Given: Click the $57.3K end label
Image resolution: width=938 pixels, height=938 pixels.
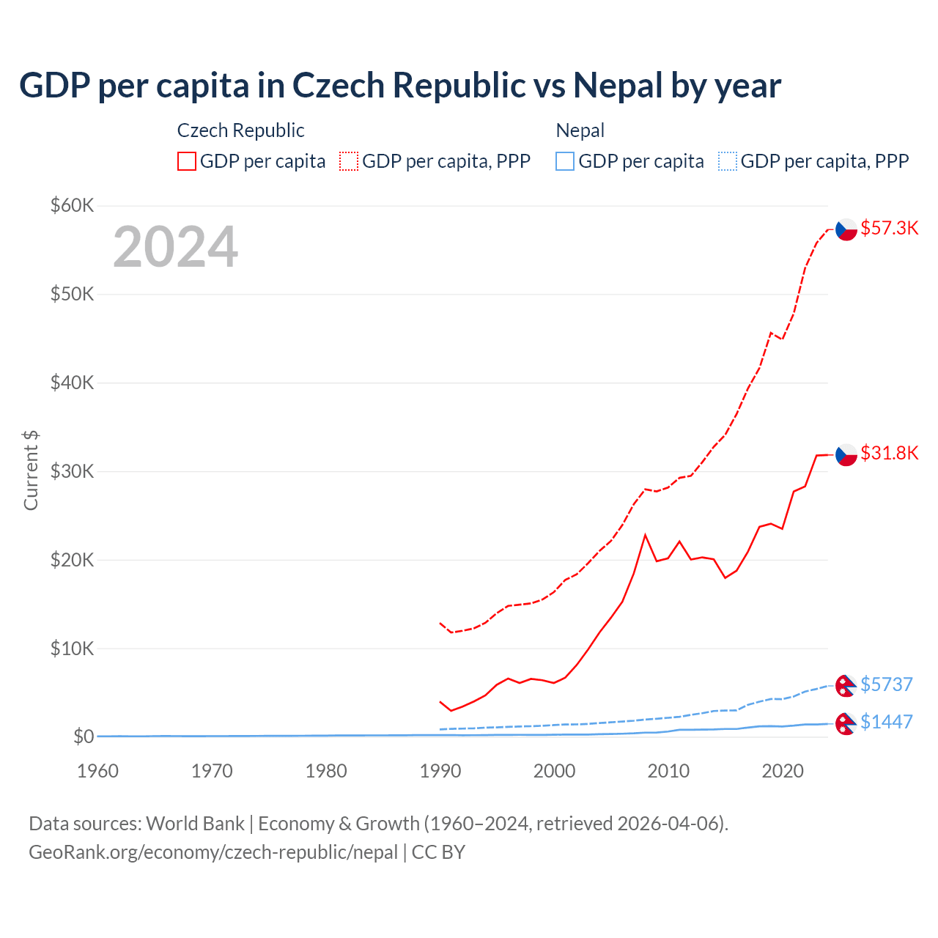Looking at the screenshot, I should [x=889, y=228].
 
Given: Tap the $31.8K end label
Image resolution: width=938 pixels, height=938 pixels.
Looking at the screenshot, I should [x=889, y=453].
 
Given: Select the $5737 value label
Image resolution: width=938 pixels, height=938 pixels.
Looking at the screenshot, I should [x=886, y=684].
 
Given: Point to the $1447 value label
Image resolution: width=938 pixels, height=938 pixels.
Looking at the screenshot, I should [x=886, y=722].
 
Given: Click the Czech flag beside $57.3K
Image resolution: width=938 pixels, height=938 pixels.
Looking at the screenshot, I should [x=846, y=229].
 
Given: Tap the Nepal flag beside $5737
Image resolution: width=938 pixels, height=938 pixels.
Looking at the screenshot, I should [x=846, y=686].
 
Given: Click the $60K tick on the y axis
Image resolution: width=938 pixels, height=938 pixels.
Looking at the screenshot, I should [x=72, y=205].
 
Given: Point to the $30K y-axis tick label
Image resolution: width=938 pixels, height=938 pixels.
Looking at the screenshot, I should [x=72, y=471].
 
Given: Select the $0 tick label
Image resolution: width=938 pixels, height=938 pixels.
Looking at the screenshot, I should [x=83, y=736].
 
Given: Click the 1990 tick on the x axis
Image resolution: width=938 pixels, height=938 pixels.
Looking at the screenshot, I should [x=440, y=771].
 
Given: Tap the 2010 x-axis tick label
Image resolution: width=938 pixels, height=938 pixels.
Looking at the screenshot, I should [x=668, y=771].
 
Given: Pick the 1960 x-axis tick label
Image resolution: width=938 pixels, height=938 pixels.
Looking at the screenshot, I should [x=98, y=771].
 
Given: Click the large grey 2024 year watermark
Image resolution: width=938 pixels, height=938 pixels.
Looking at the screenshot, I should [x=175, y=247].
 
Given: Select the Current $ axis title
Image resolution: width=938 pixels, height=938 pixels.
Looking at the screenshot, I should [x=31, y=470].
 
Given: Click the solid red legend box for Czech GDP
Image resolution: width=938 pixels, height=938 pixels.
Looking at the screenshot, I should [x=187, y=161].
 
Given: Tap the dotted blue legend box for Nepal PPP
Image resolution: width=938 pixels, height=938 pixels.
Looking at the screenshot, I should [x=728, y=161].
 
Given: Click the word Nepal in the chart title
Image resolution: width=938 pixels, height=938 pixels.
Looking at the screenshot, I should [x=618, y=86].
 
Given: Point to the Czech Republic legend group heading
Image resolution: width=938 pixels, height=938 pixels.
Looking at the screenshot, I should [x=240, y=130].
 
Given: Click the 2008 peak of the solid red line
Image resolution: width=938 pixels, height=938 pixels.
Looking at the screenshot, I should [x=645, y=535].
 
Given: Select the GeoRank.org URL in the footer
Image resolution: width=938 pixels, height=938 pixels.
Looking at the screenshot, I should [x=213, y=852].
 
